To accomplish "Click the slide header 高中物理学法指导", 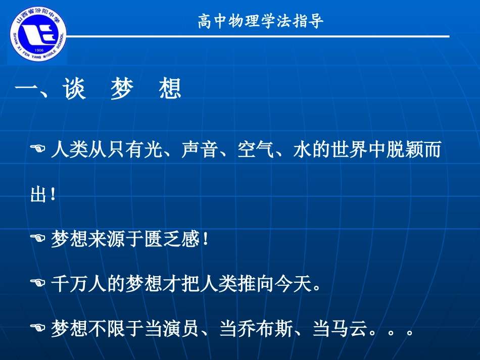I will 261,22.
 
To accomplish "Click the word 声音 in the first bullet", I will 195,150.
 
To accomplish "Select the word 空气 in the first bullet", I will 251,150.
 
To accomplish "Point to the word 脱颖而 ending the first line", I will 413,150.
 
